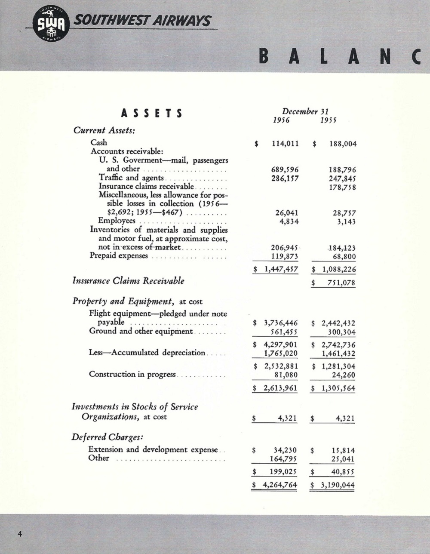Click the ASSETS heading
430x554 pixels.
click(152, 114)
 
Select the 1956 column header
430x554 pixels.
click(281, 120)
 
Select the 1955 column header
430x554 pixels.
click(328, 120)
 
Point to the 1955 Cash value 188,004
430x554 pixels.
click(343, 144)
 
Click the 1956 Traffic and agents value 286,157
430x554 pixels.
click(285, 179)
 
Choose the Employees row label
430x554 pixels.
click(117, 221)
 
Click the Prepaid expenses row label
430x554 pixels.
click(119, 255)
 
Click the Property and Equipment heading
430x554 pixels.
click(123, 301)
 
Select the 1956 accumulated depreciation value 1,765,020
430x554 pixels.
click(280, 354)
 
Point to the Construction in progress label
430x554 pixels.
click(132, 374)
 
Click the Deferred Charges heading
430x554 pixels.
click(107, 437)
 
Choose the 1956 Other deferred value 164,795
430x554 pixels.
click(282, 459)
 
